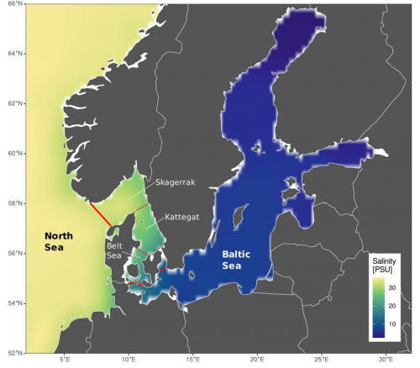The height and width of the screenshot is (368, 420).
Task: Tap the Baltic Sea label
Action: click(x=239, y=259)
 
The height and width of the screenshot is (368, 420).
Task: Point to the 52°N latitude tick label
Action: click(x=15, y=353)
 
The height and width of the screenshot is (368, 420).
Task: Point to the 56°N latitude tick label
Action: click(x=15, y=253)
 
